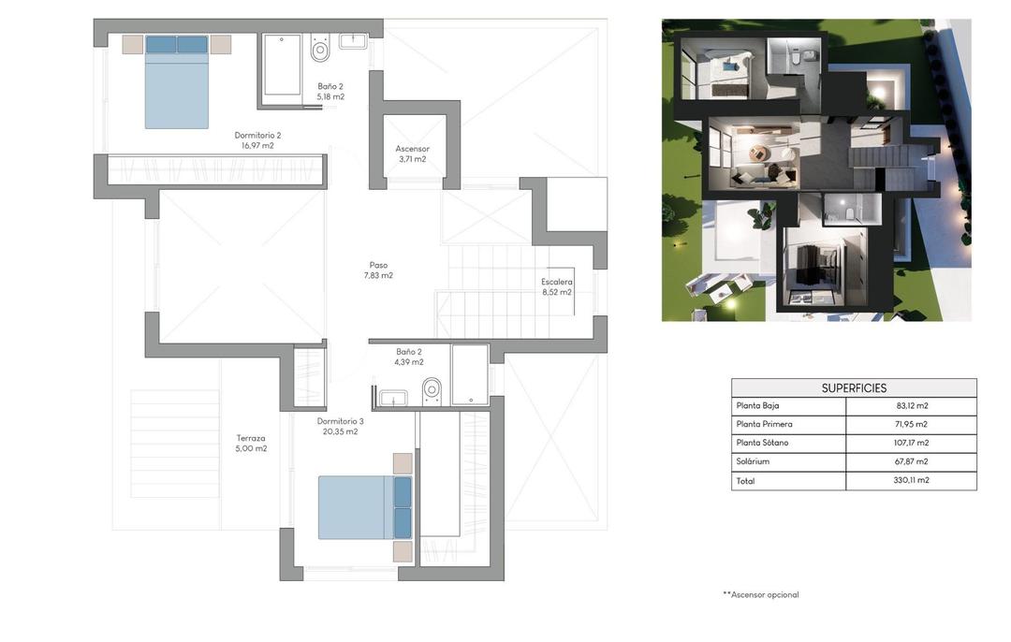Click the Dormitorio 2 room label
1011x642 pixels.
(257, 136)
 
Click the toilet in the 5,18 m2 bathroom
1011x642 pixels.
(320, 49)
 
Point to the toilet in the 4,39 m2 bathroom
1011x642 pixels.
(432, 389)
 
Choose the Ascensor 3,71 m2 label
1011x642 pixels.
(412, 149)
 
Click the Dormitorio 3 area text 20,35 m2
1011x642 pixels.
(340, 432)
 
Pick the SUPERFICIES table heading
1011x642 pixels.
(854, 388)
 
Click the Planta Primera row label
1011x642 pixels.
(765, 425)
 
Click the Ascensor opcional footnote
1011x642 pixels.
(761, 595)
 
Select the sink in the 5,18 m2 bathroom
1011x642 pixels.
(353, 40)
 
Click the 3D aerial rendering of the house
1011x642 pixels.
(816, 170)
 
